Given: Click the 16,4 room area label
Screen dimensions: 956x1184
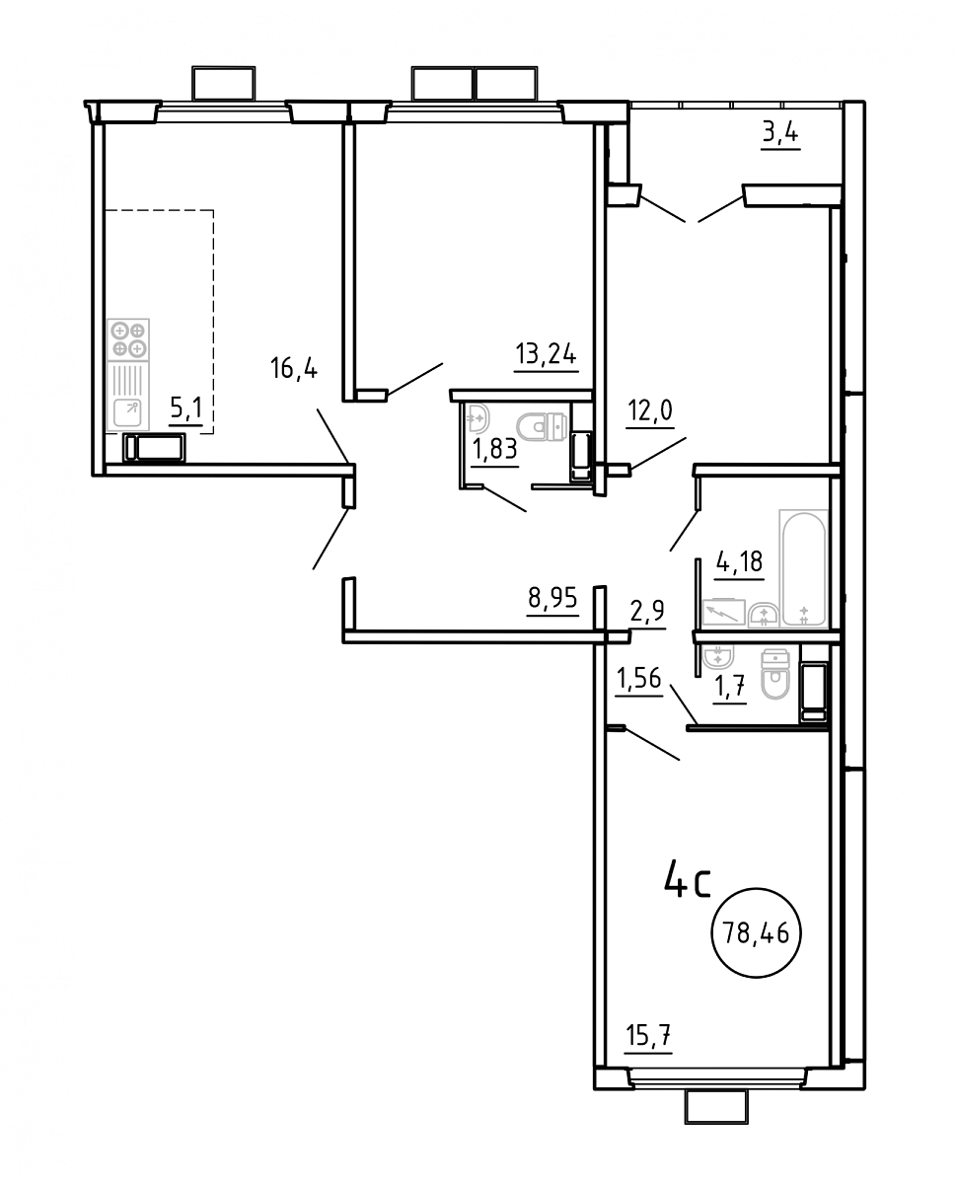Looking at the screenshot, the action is click(x=293, y=367).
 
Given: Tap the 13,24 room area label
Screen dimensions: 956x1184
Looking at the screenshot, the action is click(x=546, y=353).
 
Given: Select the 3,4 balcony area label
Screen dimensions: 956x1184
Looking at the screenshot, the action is click(x=779, y=133).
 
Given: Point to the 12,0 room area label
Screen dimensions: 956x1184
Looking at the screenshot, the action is click(x=649, y=410).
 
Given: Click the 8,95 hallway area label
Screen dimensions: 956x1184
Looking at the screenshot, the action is click(x=552, y=599).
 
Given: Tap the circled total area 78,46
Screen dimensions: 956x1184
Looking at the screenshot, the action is click(x=756, y=933).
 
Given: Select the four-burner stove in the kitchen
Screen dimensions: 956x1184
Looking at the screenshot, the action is click(x=128, y=339).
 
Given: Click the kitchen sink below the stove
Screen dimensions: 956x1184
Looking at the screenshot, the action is click(x=128, y=413).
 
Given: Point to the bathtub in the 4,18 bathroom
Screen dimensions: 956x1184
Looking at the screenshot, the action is click(x=803, y=567).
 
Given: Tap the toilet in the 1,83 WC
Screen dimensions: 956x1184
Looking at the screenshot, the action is click(x=542, y=427).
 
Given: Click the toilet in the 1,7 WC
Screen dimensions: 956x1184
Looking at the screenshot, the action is click(x=775, y=673).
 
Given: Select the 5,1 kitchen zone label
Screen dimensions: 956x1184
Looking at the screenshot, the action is click(x=185, y=408).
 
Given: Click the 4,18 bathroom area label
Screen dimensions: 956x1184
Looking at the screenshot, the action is click(x=739, y=562).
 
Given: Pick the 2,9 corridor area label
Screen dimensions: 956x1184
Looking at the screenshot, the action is click(x=647, y=611).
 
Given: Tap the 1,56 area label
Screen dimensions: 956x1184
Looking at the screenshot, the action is click(x=638, y=678).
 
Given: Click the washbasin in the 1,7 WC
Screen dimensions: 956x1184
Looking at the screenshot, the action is click(x=718, y=655).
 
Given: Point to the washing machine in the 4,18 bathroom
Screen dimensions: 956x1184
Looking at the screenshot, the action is click(x=723, y=612).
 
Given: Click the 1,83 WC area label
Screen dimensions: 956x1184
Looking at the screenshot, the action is click(x=494, y=449).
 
